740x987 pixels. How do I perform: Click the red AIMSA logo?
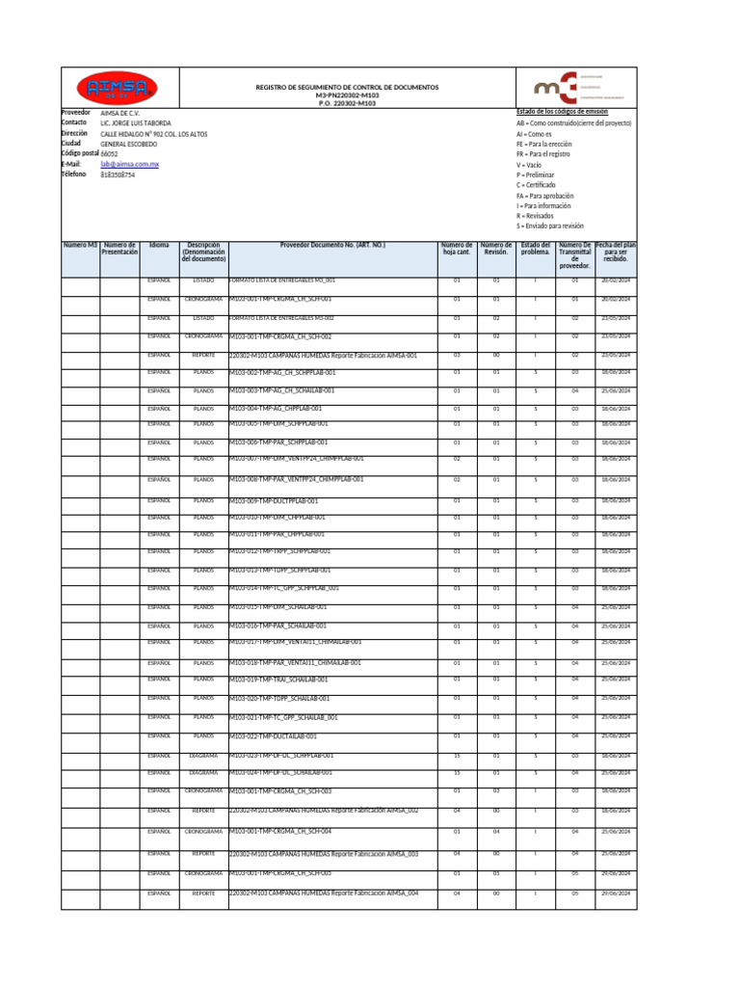[117, 89]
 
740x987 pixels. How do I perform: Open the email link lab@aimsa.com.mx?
[123, 165]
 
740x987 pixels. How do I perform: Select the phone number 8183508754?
[118, 175]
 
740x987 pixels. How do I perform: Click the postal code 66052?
[110, 154]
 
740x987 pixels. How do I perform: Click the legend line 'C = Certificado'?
[540, 184]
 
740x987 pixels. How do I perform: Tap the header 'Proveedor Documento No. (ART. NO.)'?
[332, 246]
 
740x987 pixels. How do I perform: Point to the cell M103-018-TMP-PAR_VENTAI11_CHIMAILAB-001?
[295, 663]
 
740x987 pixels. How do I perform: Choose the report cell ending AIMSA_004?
[324, 894]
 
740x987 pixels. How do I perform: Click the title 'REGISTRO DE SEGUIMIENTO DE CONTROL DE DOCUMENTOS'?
[347, 87]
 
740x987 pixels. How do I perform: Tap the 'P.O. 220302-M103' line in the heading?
[348, 103]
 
